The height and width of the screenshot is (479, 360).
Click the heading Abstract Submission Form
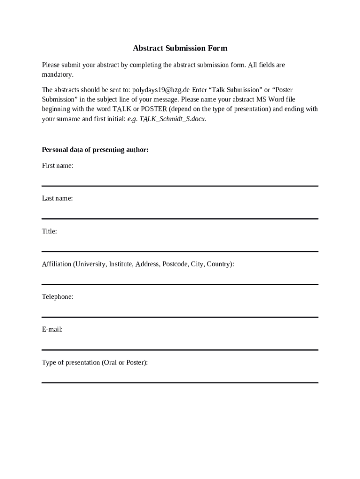coord(180,48)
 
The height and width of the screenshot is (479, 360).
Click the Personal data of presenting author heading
coord(95,150)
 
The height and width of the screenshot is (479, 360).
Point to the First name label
coord(58,166)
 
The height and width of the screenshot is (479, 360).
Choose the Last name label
coord(57,198)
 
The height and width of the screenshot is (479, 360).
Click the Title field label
coord(49,231)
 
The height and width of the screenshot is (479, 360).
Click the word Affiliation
coord(57,264)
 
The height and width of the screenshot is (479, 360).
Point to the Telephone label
coord(58,297)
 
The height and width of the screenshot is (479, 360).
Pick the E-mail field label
coord(52,329)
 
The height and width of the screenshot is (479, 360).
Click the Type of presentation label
coord(94,363)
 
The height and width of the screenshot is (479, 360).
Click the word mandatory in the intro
coord(57,75)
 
